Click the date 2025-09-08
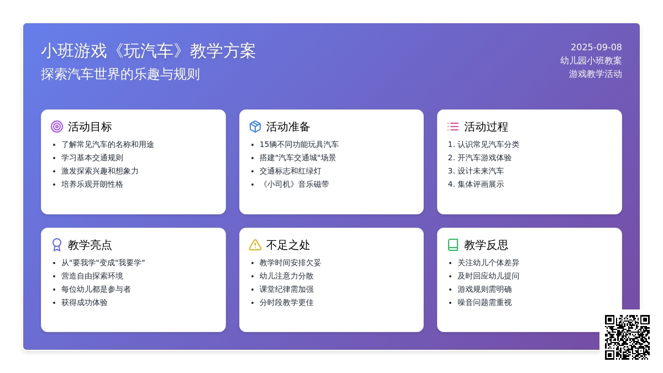click(x=596, y=48)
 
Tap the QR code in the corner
click(x=627, y=337)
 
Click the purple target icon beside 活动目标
click(x=57, y=127)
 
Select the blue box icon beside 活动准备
click(x=255, y=127)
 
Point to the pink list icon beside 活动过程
click(x=453, y=127)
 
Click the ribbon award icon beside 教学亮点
click(x=57, y=245)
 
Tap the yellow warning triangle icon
click(x=255, y=245)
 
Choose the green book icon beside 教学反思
click(x=453, y=245)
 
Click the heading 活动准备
click(x=288, y=127)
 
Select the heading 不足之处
click(x=288, y=245)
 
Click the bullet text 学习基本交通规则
click(x=92, y=158)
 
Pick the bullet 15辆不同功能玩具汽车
click(x=299, y=144)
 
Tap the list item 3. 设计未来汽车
click(x=476, y=171)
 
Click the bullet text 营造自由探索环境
click(x=92, y=276)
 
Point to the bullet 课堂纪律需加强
click(x=287, y=289)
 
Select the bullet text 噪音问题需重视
click(x=485, y=303)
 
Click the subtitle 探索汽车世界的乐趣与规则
click(x=120, y=74)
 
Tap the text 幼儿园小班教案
click(x=591, y=61)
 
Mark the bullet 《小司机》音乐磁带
click(x=294, y=184)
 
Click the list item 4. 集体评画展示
click(x=476, y=184)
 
